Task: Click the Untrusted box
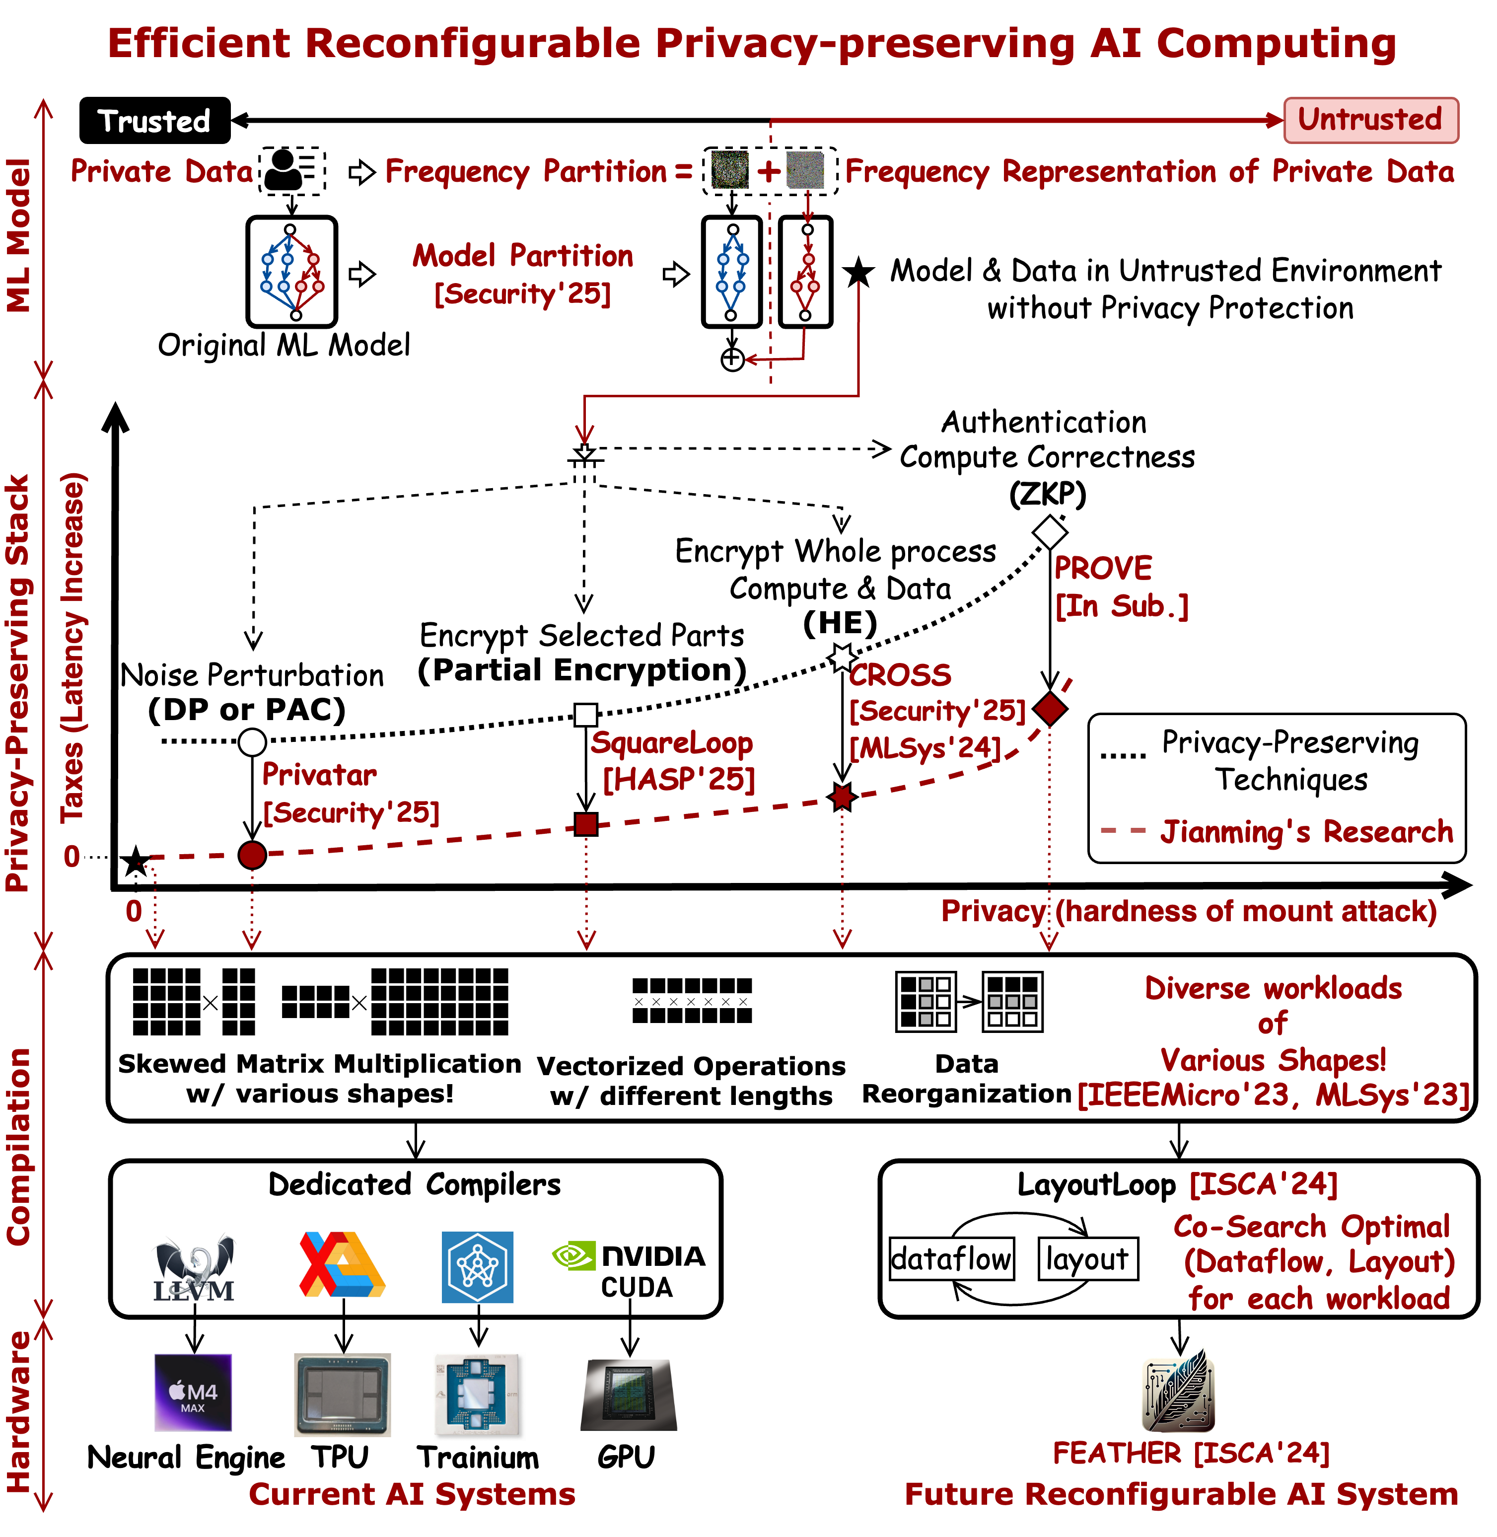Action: pos(1370,120)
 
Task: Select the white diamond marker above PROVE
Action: pos(1050,532)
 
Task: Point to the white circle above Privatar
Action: pos(252,742)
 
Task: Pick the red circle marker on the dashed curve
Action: pos(252,855)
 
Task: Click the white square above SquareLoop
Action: pos(586,715)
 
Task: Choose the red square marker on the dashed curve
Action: pos(586,824)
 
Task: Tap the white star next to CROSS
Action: pos(842,657)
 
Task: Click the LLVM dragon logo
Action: pos(194,1267)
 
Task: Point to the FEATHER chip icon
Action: pos(1179,1389)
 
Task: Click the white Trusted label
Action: pos(154,122)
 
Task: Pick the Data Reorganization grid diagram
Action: pos(969,1002)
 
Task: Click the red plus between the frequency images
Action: pos(769,171)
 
